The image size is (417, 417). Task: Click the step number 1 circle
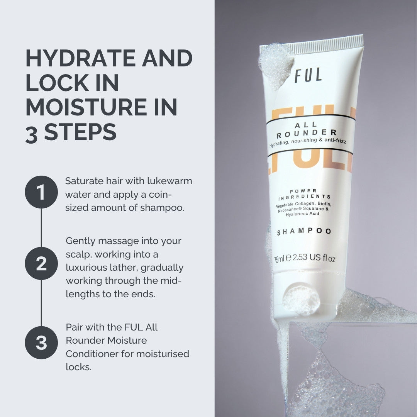41,192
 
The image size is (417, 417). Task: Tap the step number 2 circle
41,263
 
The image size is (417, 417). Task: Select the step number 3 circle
41,342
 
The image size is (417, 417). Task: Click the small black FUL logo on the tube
308,75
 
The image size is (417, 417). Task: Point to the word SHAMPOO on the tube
304,232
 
